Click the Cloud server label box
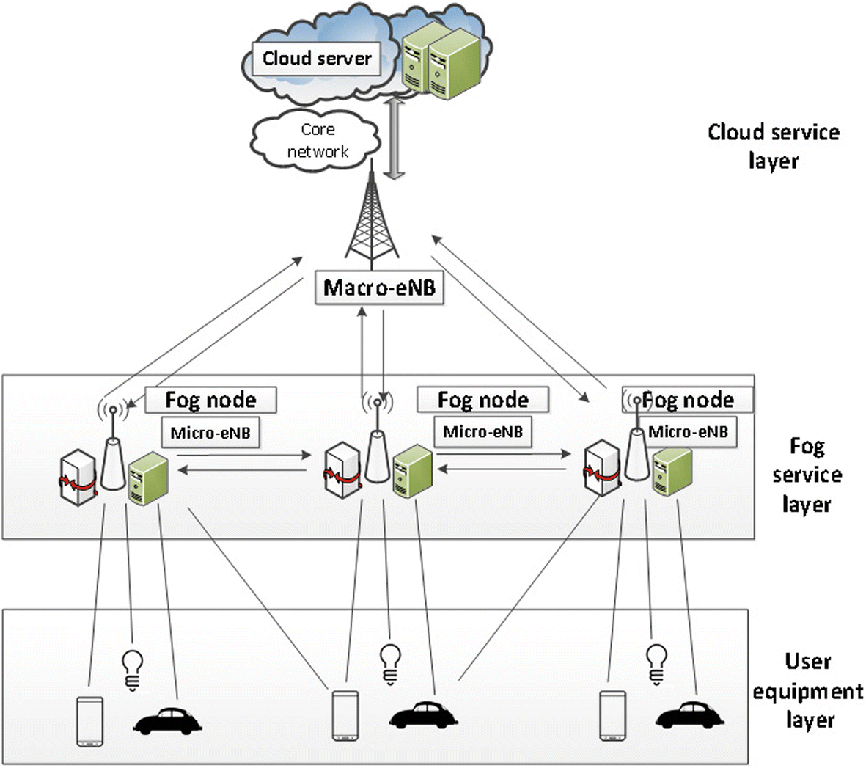(x=317, y=59)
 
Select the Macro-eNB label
(x=379, y=287)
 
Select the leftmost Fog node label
(x=210, y=400)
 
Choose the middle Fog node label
(x=482, y=400)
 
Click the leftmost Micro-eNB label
(x=210, y=433)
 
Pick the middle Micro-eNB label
(x=482, y=431)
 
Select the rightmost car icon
(x=689, y=716)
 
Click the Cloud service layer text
(x=773, y=146)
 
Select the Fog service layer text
(x=807, y=475)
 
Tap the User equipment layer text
(x=807, y=690)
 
